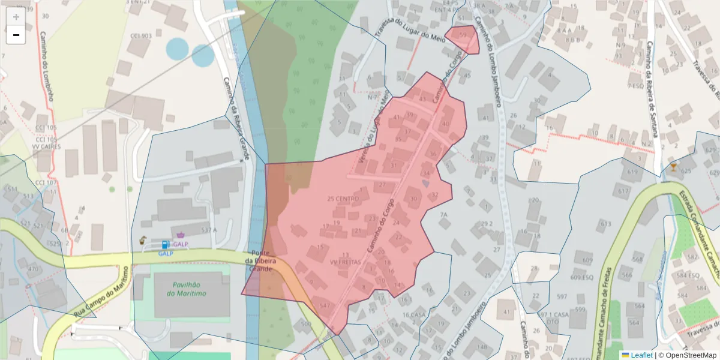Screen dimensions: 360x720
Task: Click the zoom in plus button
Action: click(x=16, y=16)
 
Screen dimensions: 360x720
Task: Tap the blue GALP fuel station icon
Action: click(x=165, y=245)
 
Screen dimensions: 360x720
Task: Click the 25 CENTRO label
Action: click(x=343, y=199)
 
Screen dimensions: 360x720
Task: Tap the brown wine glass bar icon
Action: click(x=674, y=167)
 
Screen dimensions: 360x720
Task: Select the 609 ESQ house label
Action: click(x=581, y=278)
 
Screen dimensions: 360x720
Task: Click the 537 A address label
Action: click(x=209, y=230)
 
